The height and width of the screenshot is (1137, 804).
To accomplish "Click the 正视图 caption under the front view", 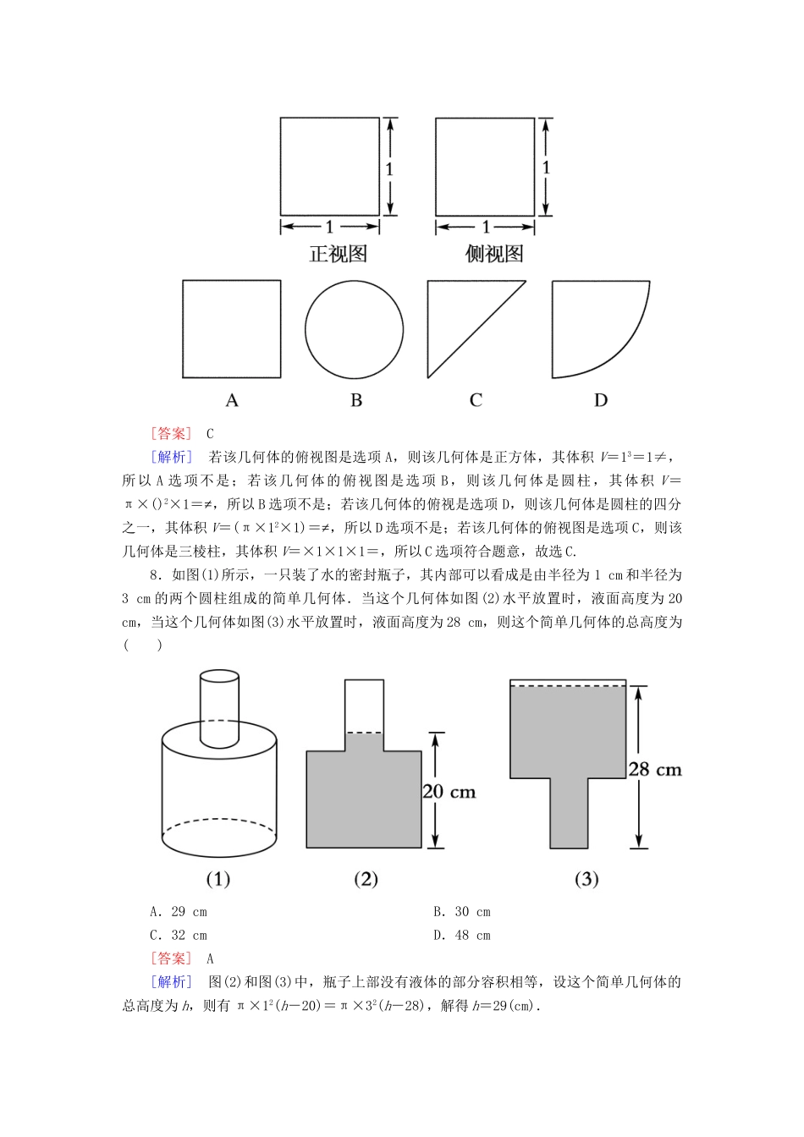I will tap(338, 254).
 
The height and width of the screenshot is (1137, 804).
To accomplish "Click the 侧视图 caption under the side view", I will tap(493, 254).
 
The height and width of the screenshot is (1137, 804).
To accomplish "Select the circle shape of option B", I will tap(354, 329).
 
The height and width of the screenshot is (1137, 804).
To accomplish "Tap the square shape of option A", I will tap(231, 329).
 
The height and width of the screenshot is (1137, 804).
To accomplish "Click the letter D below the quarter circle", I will tap(600, 400).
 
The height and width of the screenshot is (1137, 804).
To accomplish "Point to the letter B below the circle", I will tap(356, 400).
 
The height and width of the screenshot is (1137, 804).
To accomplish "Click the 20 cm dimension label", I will tap(449, 792).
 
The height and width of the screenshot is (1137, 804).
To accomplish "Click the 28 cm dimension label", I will tap(654, 769).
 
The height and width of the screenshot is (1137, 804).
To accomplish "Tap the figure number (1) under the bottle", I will tap(218, 879).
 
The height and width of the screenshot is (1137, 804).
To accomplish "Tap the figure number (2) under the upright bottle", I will tap(366, 879).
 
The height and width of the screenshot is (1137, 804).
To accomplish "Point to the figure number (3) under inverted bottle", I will tap(586, 879).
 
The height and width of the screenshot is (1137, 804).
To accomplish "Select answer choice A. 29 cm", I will tap(179, 912).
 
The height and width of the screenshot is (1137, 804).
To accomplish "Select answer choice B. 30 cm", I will tap(462, 912).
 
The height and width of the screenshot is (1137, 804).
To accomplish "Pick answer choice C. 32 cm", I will tap(179, 936).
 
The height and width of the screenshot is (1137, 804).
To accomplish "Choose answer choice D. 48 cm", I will tap(462, 936).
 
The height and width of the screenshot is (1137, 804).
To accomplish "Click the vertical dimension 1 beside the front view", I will tap(389, 169).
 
